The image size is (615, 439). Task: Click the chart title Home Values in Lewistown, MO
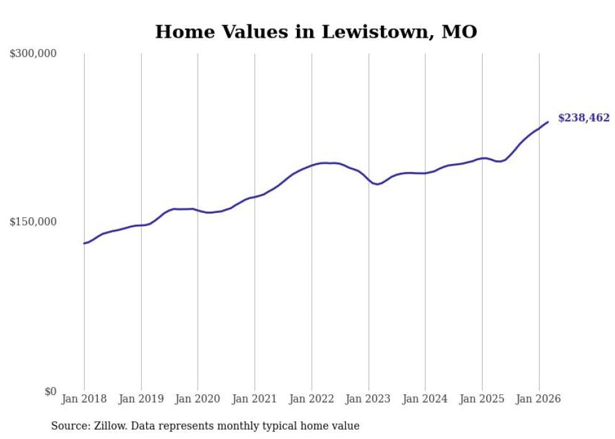click(x=316, y=31)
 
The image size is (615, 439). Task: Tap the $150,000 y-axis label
click(x=33, y=222)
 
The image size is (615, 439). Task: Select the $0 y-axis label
click(x=50, y=391)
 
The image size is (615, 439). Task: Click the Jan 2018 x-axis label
click(x=84, y=399)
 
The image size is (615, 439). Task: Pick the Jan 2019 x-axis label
click(x=141, y=399)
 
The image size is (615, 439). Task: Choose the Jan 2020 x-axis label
click(x=198, y=399)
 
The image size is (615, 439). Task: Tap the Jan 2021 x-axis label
click(x=255, y=399)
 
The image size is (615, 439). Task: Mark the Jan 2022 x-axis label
click(x=312, y=399)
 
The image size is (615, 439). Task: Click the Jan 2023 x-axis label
click(x=368, y=399)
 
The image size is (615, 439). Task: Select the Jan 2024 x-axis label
click(x=425, y=399)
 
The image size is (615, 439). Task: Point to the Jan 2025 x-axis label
click(x=482, y=399)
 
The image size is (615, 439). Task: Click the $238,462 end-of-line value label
click(x=584, y=118)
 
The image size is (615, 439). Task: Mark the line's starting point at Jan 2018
click(x=84, y=243)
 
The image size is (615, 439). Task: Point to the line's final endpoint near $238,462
click(x=548, y=122)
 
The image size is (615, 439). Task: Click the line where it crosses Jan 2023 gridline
click(x=369, y=180)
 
